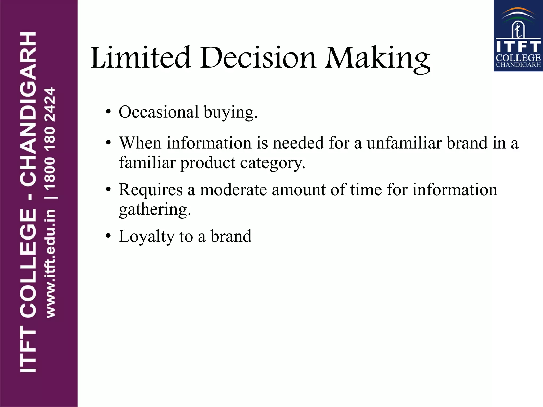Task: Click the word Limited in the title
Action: pyautogui.click(x=141, y=57)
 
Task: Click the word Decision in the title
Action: pyautogui.click(x=258, y=57)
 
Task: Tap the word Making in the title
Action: pyautogui.click(x=378, y=58)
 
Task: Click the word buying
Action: pyautogui.click(x=230, y=113)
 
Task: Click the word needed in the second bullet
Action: pyautogui.click(x=298, y=143)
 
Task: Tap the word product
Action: pyautogui.click(x=208, y=163)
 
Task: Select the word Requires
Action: pyautogui.click(x=151, y=190)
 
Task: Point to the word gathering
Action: pyautogui.click(x=155, y=210)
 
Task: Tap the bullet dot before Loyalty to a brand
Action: pyautogui.click(x=108, y=236)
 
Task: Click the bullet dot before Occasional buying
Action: pyautogui.click(x=108, y=112)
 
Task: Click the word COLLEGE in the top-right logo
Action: pyautogui.click(x=518, y=58)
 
